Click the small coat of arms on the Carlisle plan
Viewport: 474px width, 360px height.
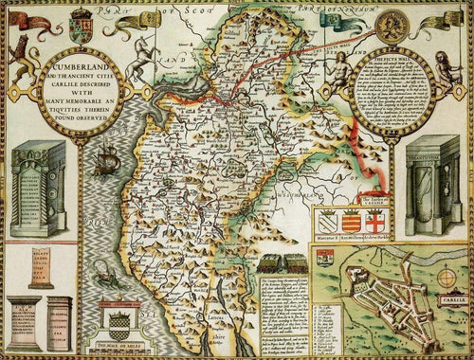click(325, 259)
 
